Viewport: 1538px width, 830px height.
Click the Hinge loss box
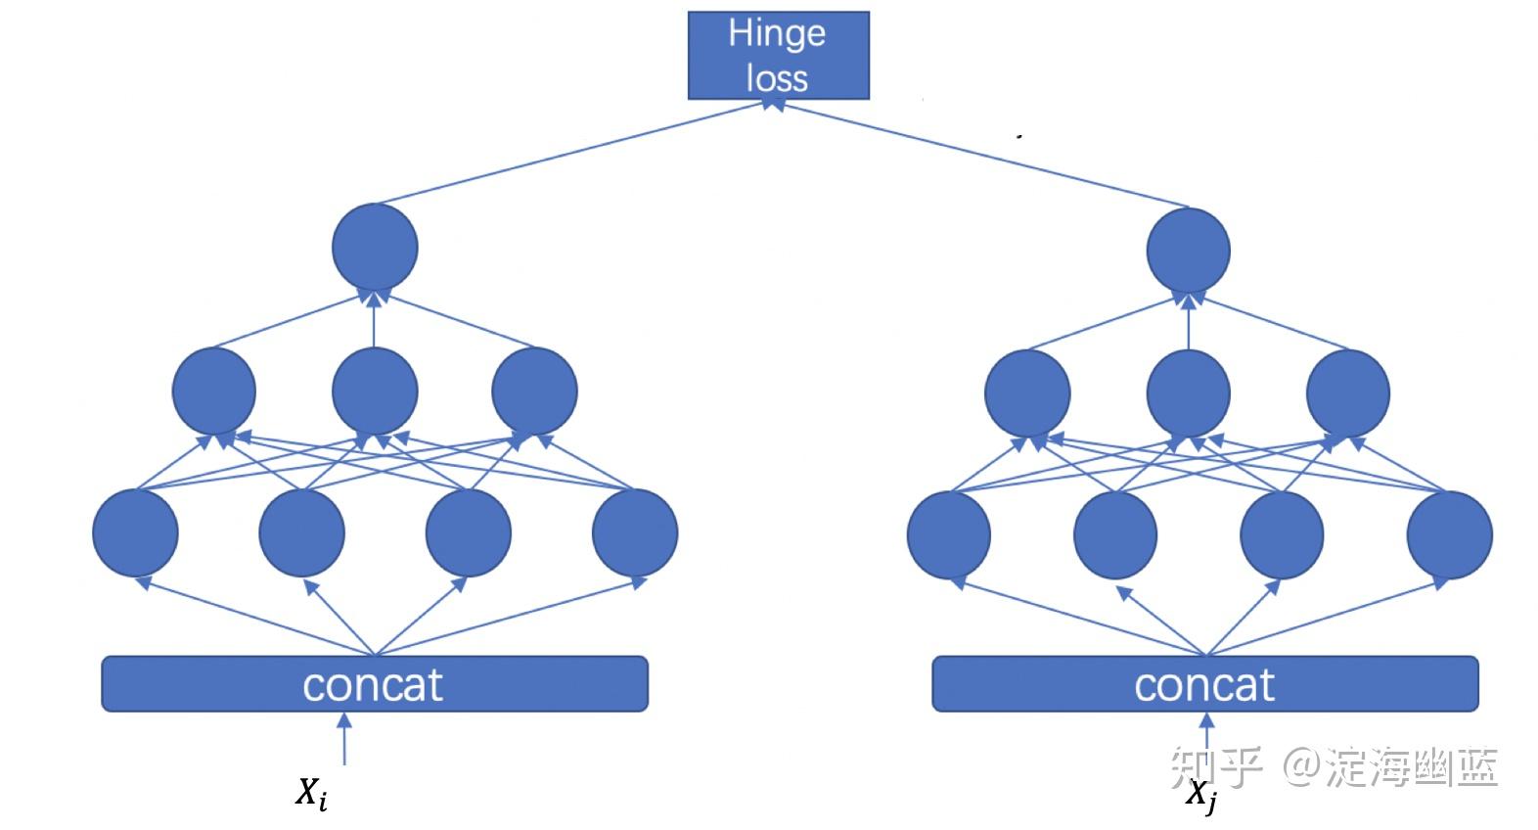[x=779, y=55]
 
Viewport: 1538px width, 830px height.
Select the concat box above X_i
[x=375, y=683]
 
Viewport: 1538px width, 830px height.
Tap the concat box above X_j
[x=1205, y=683]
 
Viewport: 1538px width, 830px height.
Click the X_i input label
[x=312, y=794]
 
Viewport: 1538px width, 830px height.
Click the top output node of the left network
[x=375, y=248]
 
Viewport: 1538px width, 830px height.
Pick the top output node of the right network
[x=1189, y=251]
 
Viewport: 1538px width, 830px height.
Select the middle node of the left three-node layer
[x=375, y=392]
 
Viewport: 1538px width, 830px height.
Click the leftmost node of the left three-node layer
[x=214, y=392]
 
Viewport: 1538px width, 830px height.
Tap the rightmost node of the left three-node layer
[x=535, y=392]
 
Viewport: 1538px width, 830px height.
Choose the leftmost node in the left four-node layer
[x=135, y=533]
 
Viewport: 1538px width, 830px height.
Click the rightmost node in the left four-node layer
[x=635, y=533]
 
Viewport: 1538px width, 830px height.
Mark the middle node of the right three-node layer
[x=1189, y=394]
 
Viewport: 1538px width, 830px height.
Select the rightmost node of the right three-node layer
[x=1348, y=394]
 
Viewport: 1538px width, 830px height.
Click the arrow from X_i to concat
[x=344, y=739]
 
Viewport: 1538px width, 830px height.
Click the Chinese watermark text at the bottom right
[x=1334, y=766]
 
